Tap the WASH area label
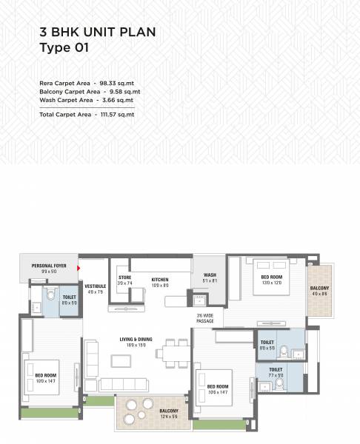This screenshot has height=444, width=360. tap(209, 277)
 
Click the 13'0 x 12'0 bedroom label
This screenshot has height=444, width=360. tap(271, 279)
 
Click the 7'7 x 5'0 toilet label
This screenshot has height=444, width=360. tap(276, 372)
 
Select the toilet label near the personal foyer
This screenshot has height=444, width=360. tap(69, 300)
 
